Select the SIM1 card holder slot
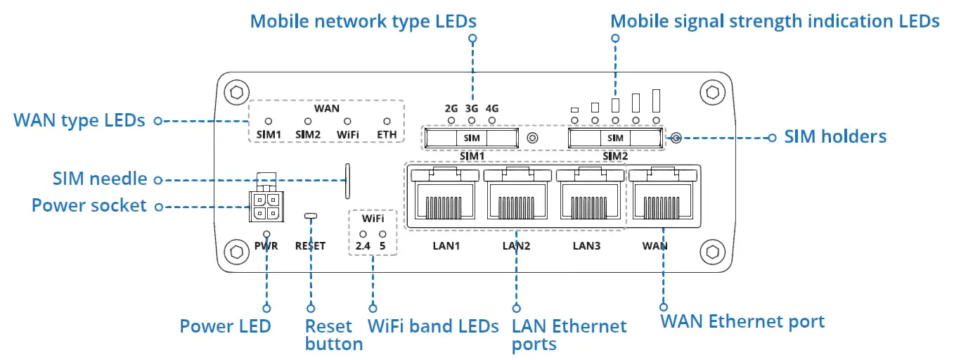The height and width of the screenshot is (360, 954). pos(472,138)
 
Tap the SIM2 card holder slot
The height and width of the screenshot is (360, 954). pos(615,138)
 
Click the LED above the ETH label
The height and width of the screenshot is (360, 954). pos(387,122)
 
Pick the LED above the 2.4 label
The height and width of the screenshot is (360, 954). pos(363,233)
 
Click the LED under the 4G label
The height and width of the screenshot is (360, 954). pos(491,121)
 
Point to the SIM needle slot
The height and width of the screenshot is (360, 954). pos(347,181)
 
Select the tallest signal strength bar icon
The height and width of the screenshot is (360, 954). pos(657,101)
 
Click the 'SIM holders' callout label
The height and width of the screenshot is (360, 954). pos(835,136)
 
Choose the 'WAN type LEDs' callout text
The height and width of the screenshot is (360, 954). pos(79,120)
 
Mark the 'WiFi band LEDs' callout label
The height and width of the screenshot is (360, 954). pos(433,326)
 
